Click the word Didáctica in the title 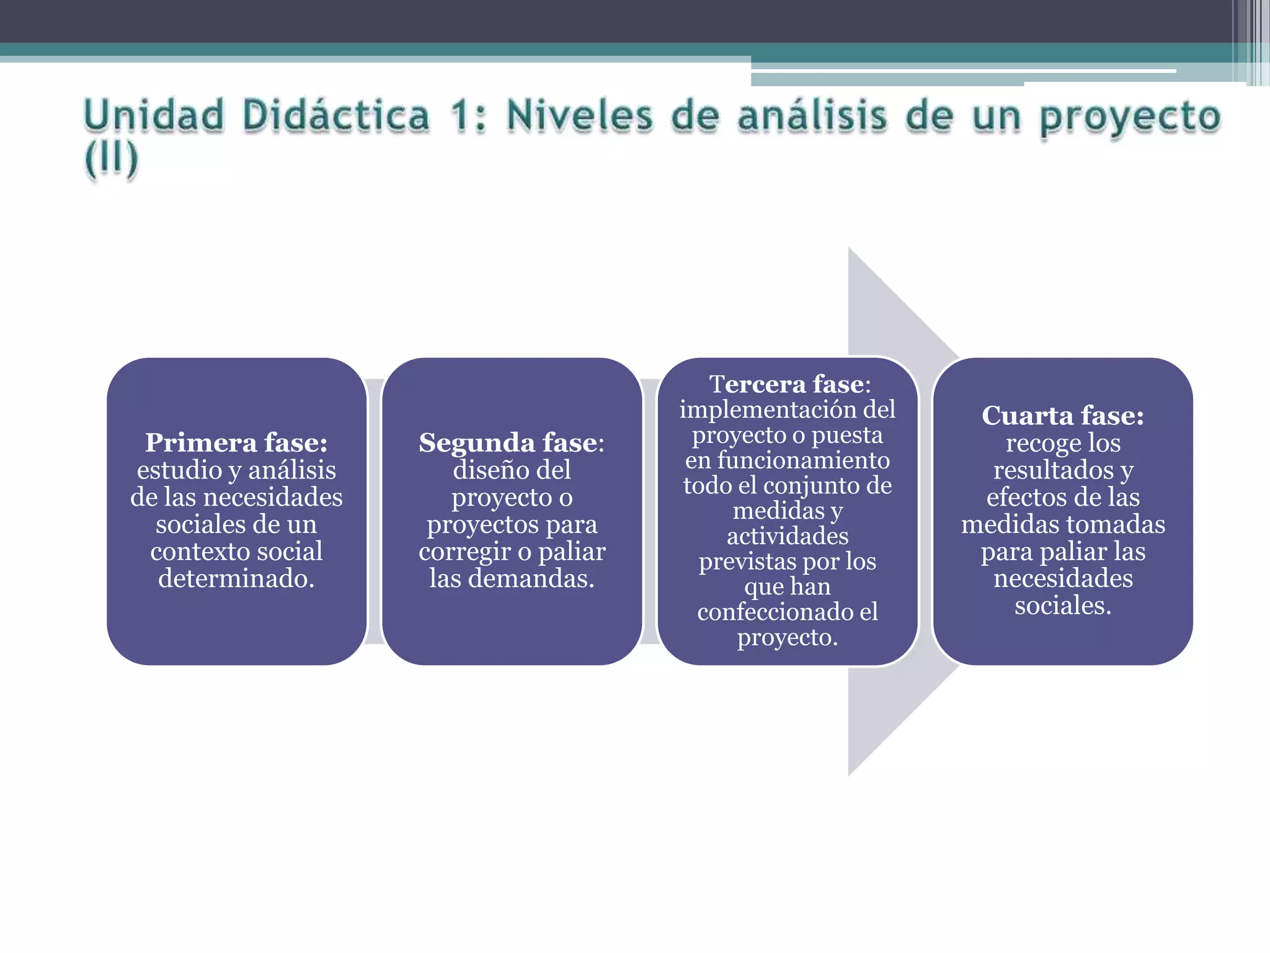point(335,116)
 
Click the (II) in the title point(112,159)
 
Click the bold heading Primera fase point(236,443)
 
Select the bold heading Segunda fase point(508,443)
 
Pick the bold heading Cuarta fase point(1062,416)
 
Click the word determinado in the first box point(236,579)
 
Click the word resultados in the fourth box point(1053,470)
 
